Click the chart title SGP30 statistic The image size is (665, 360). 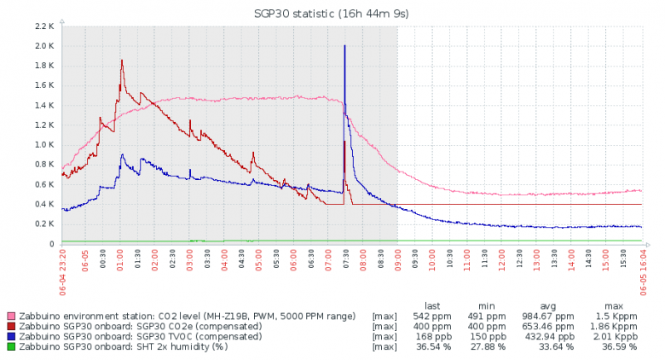[x=332, y=14]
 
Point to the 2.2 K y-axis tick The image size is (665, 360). [x=44, y=26]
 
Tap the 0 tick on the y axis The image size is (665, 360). [x=51, y=244]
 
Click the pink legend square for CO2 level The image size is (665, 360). [x=10, y=316]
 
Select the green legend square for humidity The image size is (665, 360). [x=10, y=347]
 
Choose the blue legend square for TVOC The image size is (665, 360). [x=10, y=337]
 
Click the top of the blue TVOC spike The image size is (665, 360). [x=344, y=45]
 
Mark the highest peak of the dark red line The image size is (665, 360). [x=122, y=60]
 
